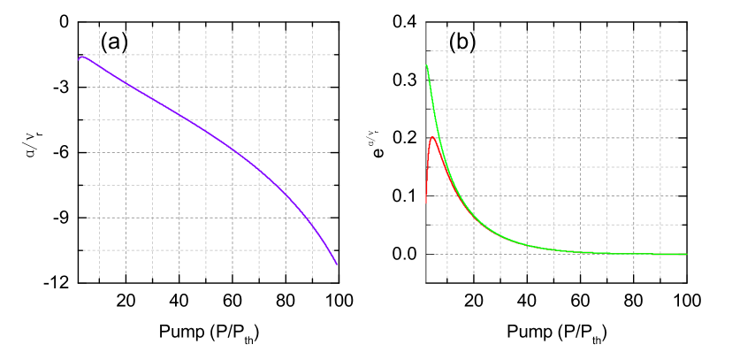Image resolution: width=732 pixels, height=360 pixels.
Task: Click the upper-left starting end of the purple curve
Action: pos(80,58)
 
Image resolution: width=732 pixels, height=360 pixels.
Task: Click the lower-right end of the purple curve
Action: pos(337,264)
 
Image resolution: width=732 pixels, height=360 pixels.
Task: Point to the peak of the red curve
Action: pos(432,137)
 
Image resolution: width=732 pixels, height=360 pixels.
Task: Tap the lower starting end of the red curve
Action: pos(426,203)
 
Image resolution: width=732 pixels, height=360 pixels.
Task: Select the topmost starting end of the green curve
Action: pos(427,65)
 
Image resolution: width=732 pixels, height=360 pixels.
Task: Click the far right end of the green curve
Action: pos(686,254)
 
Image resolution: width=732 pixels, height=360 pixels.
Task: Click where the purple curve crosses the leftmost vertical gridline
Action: pos(99,68)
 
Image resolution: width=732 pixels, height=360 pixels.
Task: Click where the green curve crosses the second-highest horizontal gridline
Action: pos(431,80)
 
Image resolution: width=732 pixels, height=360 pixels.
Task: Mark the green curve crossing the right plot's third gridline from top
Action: pos(435,109)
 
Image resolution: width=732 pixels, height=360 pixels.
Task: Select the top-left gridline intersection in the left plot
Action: pos(99,55)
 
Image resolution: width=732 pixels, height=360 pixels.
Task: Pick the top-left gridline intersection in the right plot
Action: pos(446,51)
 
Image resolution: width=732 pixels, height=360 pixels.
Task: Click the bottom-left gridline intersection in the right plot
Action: pos(446,254)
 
